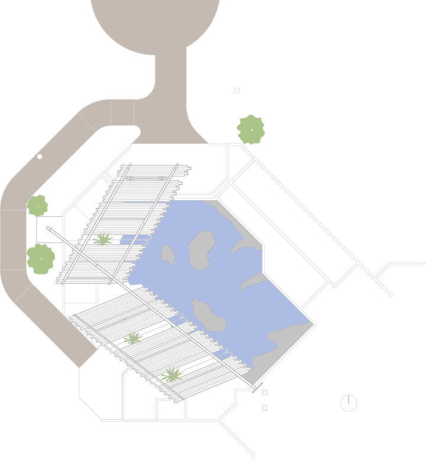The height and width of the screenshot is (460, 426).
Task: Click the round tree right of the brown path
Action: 251,130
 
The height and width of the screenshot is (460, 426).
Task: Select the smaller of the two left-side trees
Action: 37,206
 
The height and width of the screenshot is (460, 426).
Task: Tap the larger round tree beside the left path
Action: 40,259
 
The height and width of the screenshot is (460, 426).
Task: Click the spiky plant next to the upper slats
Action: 103,239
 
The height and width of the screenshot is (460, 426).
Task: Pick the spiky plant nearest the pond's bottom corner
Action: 172,374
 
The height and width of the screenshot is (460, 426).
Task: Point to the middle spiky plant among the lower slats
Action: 133,338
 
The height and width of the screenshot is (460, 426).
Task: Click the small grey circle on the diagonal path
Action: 40,156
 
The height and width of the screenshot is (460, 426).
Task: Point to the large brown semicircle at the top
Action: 156,24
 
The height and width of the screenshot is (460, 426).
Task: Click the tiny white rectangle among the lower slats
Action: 124,319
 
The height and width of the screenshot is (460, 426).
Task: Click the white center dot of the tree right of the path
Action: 251,130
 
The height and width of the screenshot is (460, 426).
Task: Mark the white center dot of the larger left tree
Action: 41,259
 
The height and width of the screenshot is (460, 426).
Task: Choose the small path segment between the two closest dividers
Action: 122,112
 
